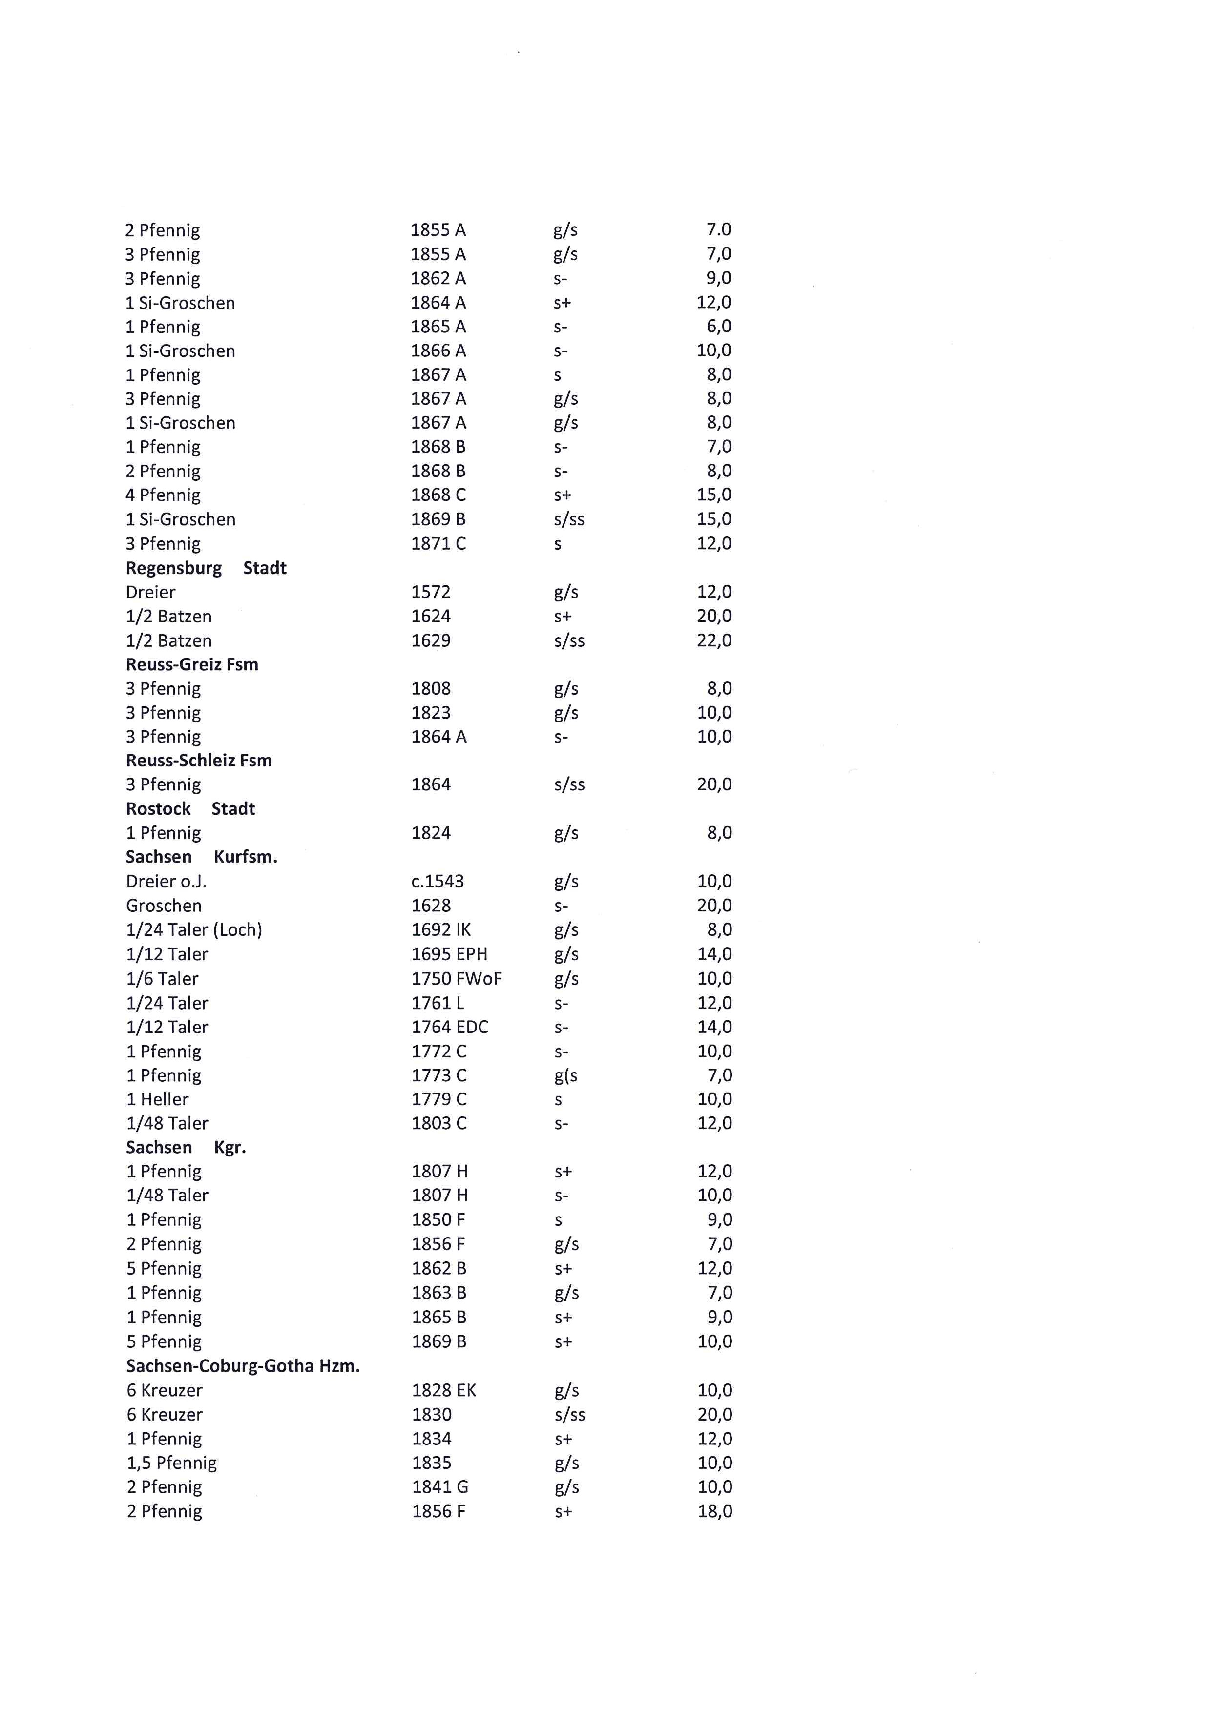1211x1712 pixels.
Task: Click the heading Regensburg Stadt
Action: pos(206,568)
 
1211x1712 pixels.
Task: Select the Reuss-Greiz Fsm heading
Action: pos(191,664)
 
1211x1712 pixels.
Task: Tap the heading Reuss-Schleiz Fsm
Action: pos(198,761)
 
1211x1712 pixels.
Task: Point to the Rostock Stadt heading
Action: pos(190,809)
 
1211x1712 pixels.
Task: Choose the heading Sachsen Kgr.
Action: pos(186,1148)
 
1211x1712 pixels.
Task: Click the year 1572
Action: pos(431,592)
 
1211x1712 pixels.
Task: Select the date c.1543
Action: pos(437,881)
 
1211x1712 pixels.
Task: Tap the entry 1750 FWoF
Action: pos(457,978)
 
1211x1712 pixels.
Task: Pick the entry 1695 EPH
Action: pos(449,954)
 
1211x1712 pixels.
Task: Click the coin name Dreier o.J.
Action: pos(166,881)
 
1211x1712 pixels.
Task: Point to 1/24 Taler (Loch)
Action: pos(194,930)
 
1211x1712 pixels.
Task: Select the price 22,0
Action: pos(713,640)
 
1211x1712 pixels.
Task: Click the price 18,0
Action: pos(714,1511)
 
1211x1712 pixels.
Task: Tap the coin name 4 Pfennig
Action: pos(163,495)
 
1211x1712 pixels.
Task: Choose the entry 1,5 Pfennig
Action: pos(171,1463)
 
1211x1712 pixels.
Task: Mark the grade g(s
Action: pos(565,1075)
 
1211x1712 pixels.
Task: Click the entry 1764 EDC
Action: pos(450,1027)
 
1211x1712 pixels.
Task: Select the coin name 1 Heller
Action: pos(157,1099)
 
